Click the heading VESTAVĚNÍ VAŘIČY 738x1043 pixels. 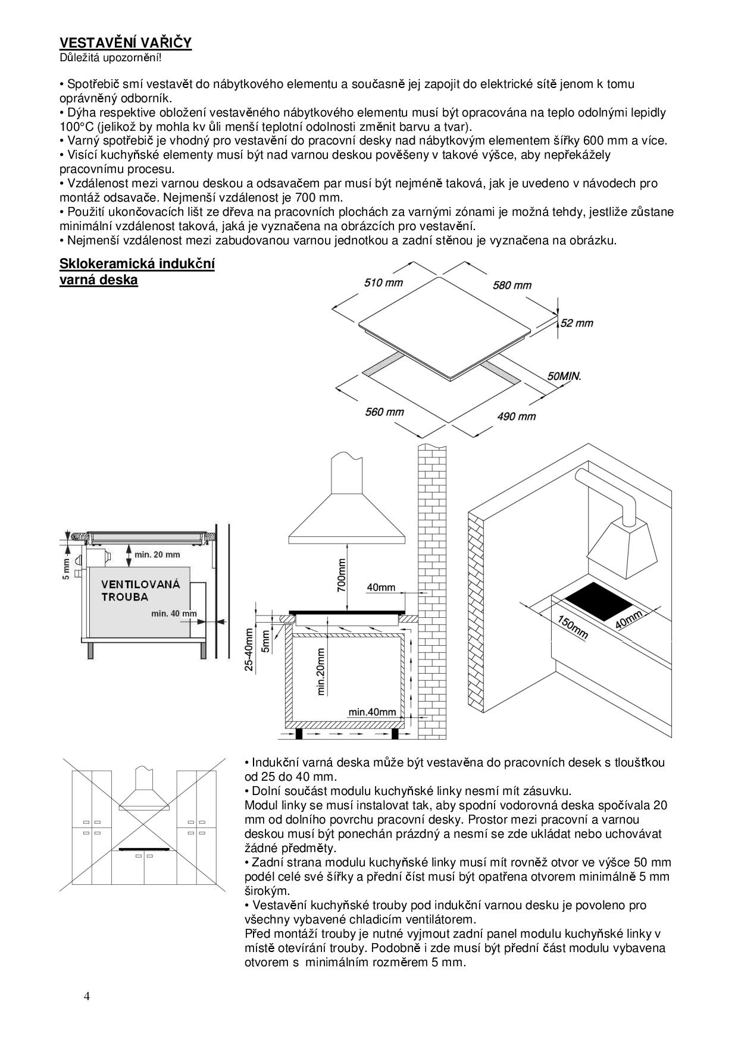click(x=125, y=43)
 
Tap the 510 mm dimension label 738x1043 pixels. click(x=383, y=282)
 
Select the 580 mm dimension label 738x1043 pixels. click(x=512, y=285)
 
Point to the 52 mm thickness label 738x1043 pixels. click(x=577, y=323)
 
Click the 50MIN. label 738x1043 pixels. click(x=564, y=376)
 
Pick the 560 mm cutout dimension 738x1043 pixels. click(x=384, y=411)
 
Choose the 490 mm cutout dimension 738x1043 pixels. click(x=516, y=417)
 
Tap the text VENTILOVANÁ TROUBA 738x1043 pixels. click(x=140, y=590)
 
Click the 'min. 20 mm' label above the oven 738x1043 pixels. click(x=157, y=555)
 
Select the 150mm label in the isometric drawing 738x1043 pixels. click(x=573, y=628)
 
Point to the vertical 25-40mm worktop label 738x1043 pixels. click(x=249, y=649)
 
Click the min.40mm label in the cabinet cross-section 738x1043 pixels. click(x=372, y=712)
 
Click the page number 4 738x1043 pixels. click(x=87, y=997)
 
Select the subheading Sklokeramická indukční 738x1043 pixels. click(x=137, y=264)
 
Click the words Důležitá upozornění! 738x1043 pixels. click(x=110, y=58)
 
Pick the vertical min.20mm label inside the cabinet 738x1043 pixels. click(x=321, y=671)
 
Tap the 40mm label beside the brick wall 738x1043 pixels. click(x=381, y=588)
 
